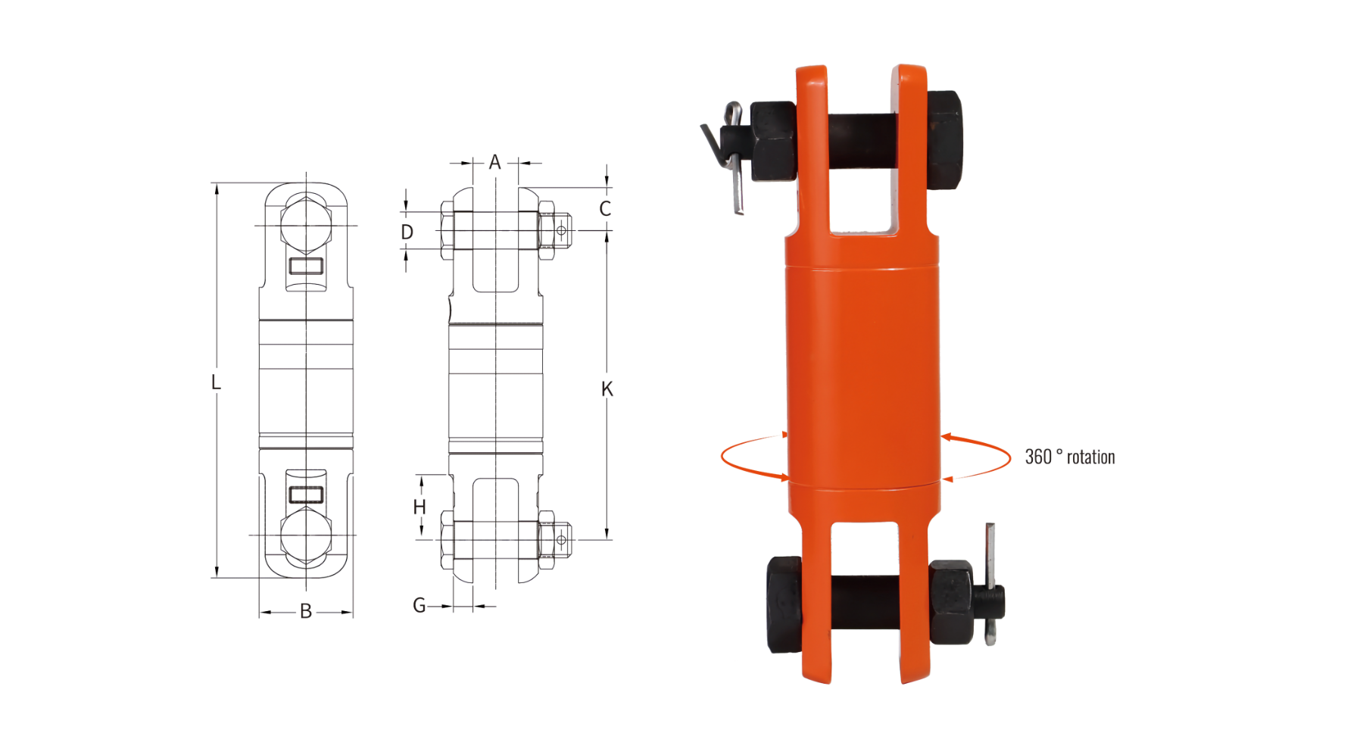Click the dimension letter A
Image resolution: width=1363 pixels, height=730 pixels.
(494, 162)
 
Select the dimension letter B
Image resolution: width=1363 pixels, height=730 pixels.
(306, 611)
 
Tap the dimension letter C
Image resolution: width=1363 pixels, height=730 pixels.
(605, 209)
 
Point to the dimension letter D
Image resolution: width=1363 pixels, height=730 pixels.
(407, 232)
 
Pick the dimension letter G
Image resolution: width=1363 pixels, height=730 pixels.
(419, 606)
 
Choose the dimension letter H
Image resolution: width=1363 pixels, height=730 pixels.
(420, 507)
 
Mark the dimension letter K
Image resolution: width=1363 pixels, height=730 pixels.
(607, 389)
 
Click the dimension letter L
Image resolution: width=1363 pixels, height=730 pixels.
(216, 382)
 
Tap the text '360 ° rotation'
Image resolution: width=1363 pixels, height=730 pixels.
(1070, 457)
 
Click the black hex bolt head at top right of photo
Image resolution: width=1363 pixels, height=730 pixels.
(944, 140)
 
